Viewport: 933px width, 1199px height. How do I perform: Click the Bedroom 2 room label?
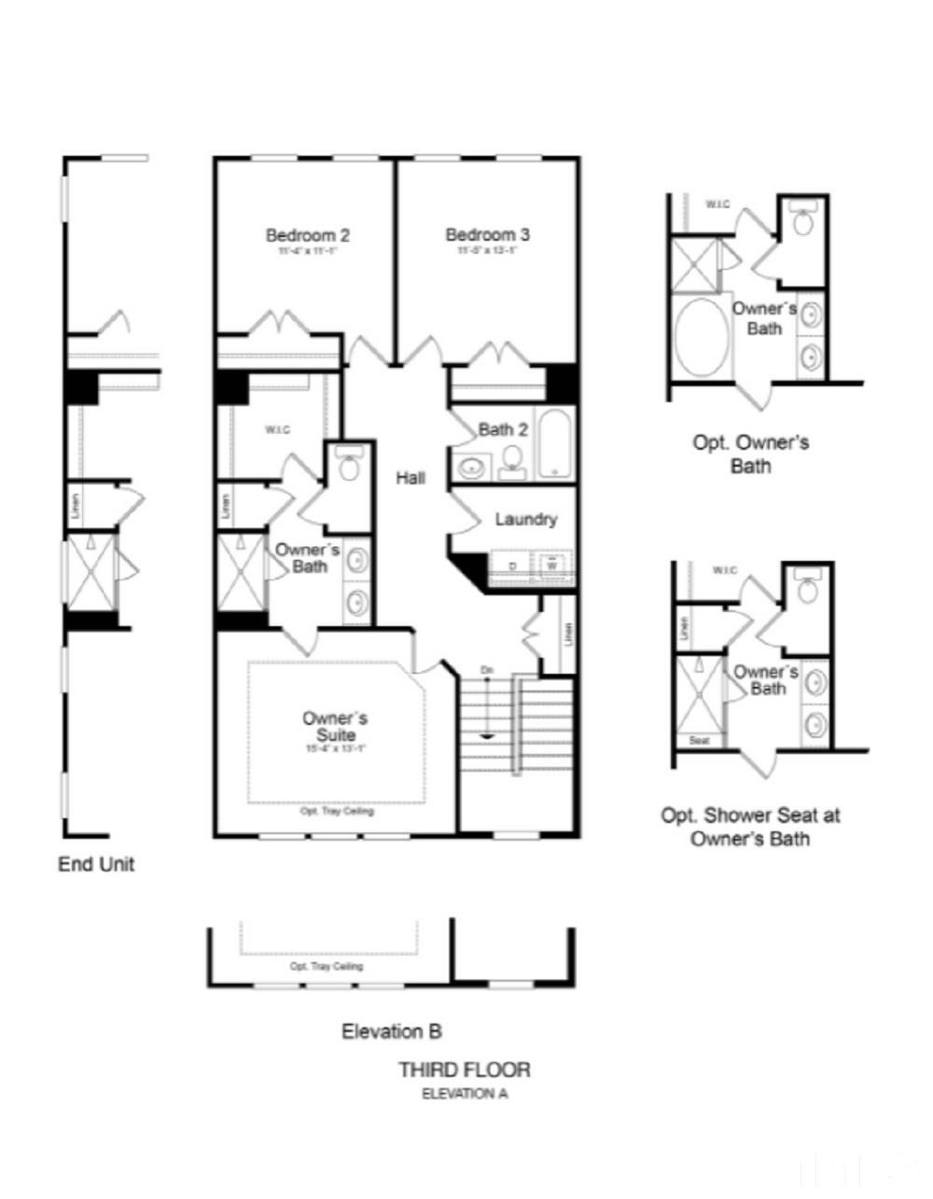tap(308, 235)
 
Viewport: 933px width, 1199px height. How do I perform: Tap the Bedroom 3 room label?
tap(487, 235)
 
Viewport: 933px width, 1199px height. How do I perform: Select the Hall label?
tap(411, 478)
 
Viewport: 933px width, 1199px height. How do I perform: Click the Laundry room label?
tap(525, 519)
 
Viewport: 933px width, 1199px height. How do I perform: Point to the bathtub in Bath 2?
tap(557, 443)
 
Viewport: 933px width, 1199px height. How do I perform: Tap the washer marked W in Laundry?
tap(552, 565)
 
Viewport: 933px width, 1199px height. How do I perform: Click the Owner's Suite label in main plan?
tap(335, 726)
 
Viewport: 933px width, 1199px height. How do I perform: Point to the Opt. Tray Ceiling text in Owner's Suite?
tap(337, 811)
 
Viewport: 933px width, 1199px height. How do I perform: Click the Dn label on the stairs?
tap(487, 670)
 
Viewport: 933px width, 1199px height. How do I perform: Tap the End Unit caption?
tap(96, 864)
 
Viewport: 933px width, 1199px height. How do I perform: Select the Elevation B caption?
tap(392, 1031)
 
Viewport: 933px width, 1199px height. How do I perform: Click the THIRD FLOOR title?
tap(465, 1069)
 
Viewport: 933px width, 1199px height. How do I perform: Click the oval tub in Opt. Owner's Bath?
tap(700, 337)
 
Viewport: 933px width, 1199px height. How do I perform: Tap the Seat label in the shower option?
tap(700, 741)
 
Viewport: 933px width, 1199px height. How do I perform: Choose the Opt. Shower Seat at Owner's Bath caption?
tap(750, 826)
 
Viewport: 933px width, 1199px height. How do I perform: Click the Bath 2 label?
tap(503, 429)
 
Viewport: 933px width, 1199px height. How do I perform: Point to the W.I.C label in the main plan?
tap(277, 429)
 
